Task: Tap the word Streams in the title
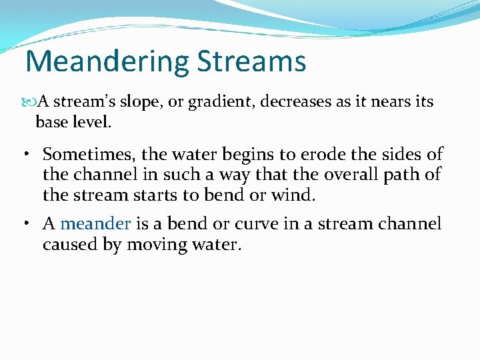point(251,61)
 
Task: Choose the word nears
point(384,102)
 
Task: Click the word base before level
point(51,123)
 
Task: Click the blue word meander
point(95,224)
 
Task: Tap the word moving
point(158,245)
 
